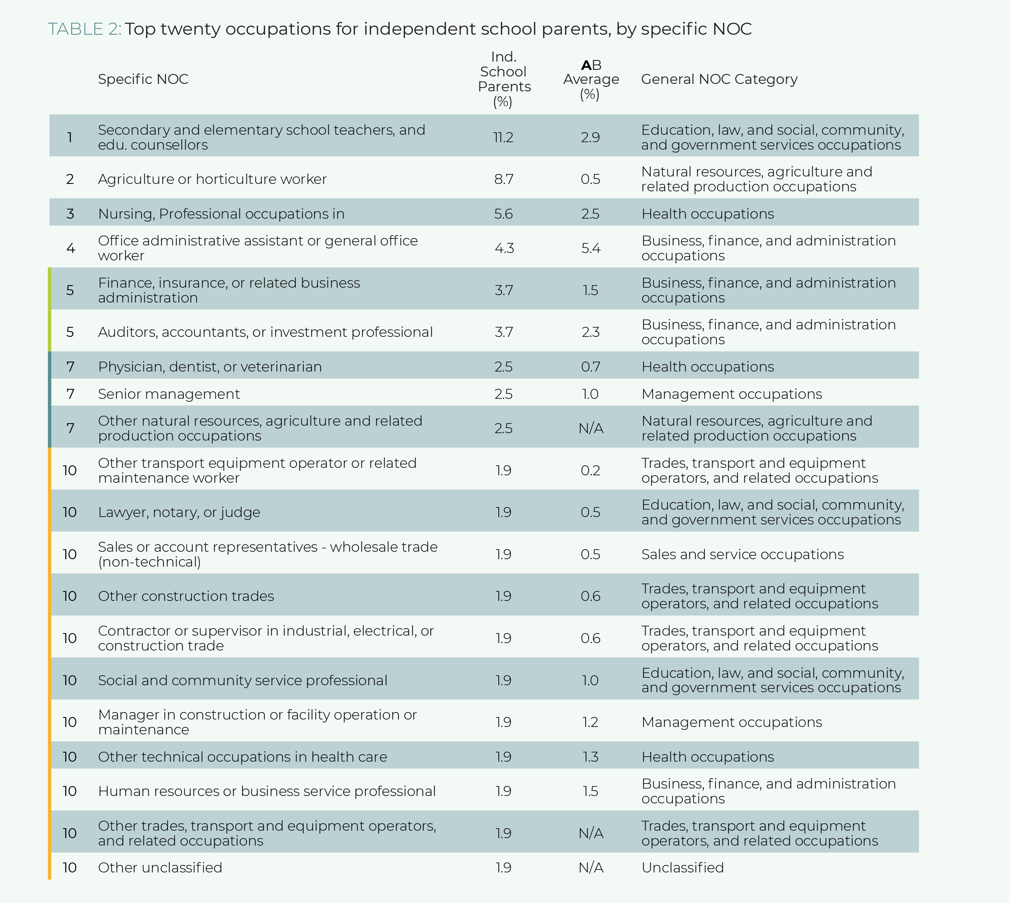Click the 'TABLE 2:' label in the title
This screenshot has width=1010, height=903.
(84, 29)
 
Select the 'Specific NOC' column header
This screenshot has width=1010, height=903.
(143, 79)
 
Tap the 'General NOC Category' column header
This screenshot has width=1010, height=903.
(719, 79)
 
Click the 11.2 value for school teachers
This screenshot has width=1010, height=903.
(503, 138)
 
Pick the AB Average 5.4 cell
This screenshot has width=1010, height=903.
(591, 248)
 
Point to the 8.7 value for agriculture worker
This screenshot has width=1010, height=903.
(503, 179)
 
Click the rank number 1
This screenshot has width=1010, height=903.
(70, 138)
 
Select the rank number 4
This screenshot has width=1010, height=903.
(70, 248)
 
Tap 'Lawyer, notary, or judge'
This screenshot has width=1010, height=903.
(179, 512)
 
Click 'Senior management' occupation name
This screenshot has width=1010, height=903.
(169, 394)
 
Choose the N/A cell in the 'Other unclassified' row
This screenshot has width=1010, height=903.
(591, 867)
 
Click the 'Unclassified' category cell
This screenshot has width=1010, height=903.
(682, 867)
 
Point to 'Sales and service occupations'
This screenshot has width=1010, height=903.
(742, 554)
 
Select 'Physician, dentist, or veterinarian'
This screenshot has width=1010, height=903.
(210, 367)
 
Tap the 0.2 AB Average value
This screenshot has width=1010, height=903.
(591, 470)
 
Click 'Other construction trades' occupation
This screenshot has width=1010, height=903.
(186, 596)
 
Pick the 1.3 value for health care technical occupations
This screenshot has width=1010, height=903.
(591, 757)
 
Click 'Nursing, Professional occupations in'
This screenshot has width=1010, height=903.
(221, 214)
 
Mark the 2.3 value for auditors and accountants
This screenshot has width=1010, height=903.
(591, 332)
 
